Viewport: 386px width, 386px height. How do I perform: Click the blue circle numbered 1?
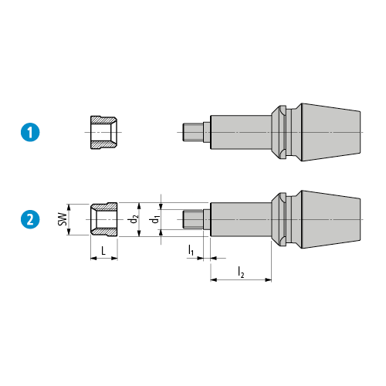click(30, 133)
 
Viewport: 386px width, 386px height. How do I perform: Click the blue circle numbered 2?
click(30, 219)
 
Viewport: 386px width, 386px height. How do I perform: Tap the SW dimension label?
click(63, 219)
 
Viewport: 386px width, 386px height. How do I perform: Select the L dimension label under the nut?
click(103, 250)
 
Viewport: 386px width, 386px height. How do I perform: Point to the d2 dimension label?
click(134, 219)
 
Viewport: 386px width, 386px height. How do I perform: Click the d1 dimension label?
click(155, 219)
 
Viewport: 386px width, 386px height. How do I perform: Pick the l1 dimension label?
click(191, 250)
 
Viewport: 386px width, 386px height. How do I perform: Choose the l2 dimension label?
click(241, 273)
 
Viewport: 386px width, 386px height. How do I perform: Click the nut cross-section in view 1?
click(103, 133)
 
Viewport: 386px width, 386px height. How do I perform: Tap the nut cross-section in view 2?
click(104, 219)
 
